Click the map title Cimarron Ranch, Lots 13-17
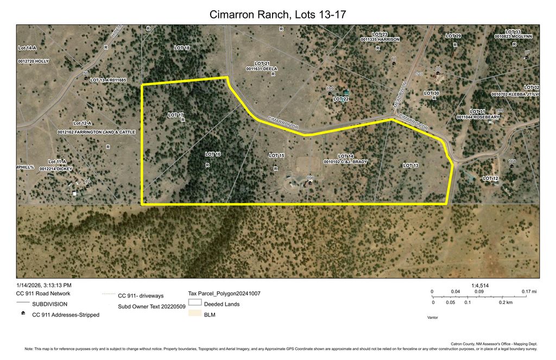[277, 14]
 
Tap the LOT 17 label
[175, 115]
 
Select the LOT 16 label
[213, 155]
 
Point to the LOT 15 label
[276, 156]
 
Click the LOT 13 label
[411, 165]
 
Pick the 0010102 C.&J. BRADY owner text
[345, 162]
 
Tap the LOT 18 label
[182, 48]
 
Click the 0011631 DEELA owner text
[262, 69]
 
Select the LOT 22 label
[341, 99]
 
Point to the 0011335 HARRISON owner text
[380, 40]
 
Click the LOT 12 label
[490, 178]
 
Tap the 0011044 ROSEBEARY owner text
[475, 117]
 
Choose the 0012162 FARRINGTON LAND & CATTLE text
[96, 132]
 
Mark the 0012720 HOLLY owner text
[33, 61]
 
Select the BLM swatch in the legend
[195, 315]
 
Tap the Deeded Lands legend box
[195, 303]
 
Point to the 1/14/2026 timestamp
[44, 285]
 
